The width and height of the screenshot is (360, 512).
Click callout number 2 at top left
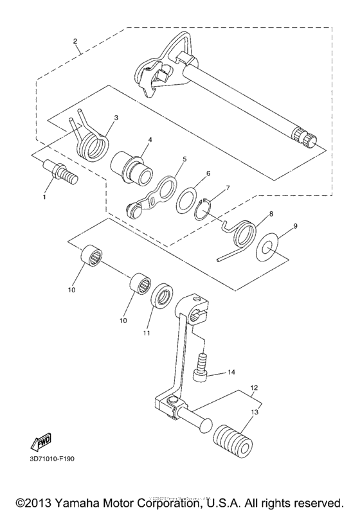(x=75, y=42)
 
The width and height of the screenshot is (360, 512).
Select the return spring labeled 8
(x=243, y=233)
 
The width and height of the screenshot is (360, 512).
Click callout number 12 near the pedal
(x=254, y=387)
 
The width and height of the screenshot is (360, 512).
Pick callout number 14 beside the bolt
(x=231, y=372)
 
